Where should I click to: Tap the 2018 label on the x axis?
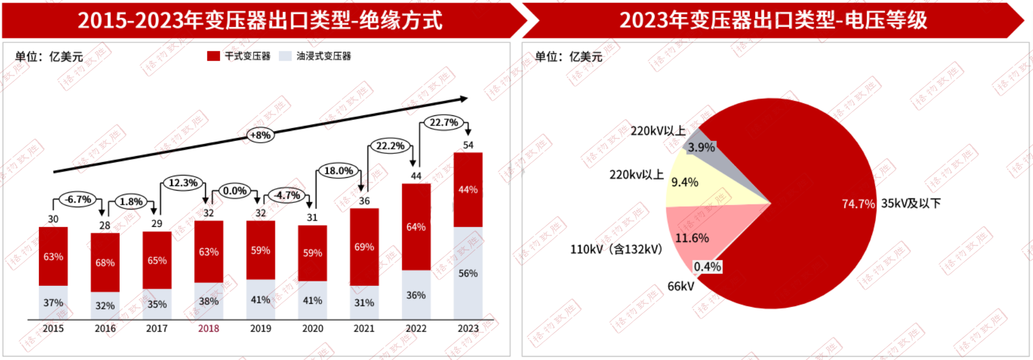coord(208,329)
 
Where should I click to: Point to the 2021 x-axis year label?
coord(364,329)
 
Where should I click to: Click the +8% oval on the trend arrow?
coord(260,135)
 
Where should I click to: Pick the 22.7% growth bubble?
coord(444,123)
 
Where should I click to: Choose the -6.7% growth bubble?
coord(78,200)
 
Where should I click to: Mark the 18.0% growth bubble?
coord(339,171)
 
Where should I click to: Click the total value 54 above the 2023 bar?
coord(468,145)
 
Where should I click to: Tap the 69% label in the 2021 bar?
coord(364,247)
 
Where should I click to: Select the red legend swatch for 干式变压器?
coord(213,56)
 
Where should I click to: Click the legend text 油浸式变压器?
coord(324,56)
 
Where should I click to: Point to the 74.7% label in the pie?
coord(858,204)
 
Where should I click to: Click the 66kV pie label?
coord(681,286)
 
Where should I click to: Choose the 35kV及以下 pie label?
coord(910,203)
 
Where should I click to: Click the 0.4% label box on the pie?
coord(707,267)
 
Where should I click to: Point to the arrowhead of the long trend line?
coord(464,99)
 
